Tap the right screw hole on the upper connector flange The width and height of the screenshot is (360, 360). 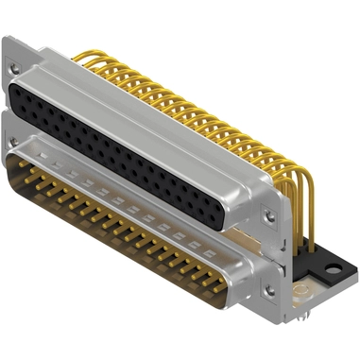coord(271,215)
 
